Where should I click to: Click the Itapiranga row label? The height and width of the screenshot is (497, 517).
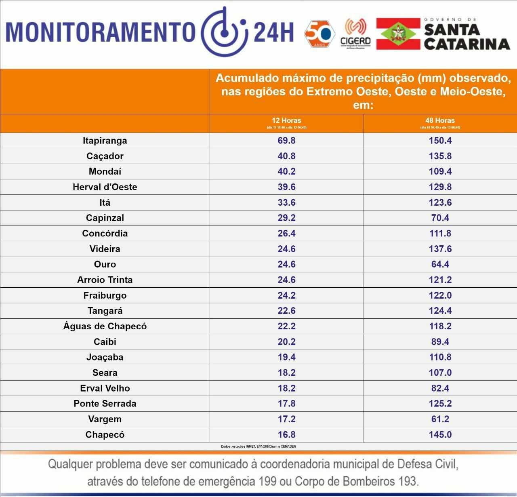pyautogui.click(x=105, y=141)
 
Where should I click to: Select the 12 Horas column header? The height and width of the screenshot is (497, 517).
pyautogui.click(x=286, y=120)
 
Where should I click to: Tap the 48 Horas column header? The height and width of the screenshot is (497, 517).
pyautogui.click(x=440, y=120)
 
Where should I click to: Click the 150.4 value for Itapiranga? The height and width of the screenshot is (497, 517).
pyautogui.click(x=440, y=141)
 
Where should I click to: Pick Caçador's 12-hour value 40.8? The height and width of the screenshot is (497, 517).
pyautogui.click(x=286, y=156)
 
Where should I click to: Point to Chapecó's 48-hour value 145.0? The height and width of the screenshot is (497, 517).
pyautogui.click(x=440, y=435)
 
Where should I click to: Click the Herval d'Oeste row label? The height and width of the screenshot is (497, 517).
pyautogui.click(x=105, y=187)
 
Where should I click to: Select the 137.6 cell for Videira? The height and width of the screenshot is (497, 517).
pyautogui.click(x=440, y=249)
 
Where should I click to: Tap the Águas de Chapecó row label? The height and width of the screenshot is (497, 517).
pyautogui.click(x=105, y=326)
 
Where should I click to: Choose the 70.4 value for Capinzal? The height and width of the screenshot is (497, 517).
pyautogui.click(x=440, y=218)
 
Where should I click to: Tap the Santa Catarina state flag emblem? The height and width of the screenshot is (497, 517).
pyautogui.click(x=398, y=34)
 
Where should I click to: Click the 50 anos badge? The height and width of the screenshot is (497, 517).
pyautogui.click(x=319, y=34)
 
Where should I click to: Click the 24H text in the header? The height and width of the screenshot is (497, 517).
pyautogui.click(x=273, y=32)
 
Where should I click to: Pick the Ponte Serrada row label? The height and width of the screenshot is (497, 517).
pyautogui.click(x=105, y=404)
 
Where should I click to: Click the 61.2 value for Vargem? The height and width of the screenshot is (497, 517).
pyautogui.click(x=440, y=419)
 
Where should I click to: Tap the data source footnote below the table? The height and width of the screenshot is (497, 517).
pyautogui.click(x=258, y=446)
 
